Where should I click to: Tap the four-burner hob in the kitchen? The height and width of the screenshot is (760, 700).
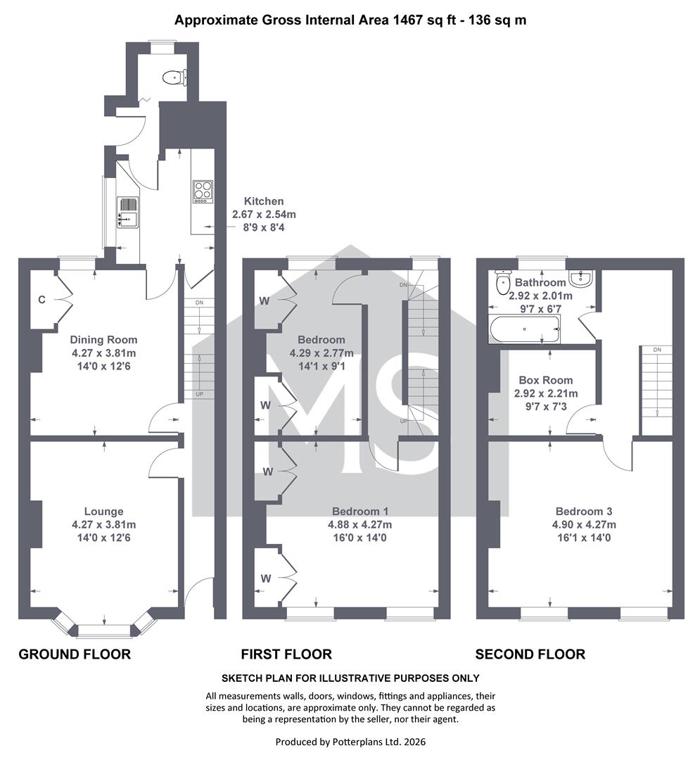point(203,191)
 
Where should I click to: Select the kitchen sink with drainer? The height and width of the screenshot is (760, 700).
point(128,213)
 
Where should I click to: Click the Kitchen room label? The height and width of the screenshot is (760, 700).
point(264,201)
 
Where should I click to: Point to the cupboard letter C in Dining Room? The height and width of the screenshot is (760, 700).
point(42,300)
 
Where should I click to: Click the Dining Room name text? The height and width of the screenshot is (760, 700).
point(103,340)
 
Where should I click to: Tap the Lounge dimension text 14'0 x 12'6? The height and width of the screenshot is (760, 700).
point(103,538)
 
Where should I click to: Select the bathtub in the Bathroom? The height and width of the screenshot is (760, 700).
point(525,329)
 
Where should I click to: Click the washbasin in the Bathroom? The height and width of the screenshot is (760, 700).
point(580,278)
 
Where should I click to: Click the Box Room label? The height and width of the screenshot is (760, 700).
point(545,381)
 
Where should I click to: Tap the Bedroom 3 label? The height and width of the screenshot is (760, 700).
point(584,512)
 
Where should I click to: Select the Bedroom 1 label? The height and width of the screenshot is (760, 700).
point(360,512)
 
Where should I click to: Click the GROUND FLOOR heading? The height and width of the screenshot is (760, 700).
point(75,654)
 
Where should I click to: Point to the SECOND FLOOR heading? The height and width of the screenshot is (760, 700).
point(530,654)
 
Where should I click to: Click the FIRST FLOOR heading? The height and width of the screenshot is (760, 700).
point(286,654)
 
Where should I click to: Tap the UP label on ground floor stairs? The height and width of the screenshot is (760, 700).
point(199,395)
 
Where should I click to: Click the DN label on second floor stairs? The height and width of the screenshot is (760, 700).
point(657,350)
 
